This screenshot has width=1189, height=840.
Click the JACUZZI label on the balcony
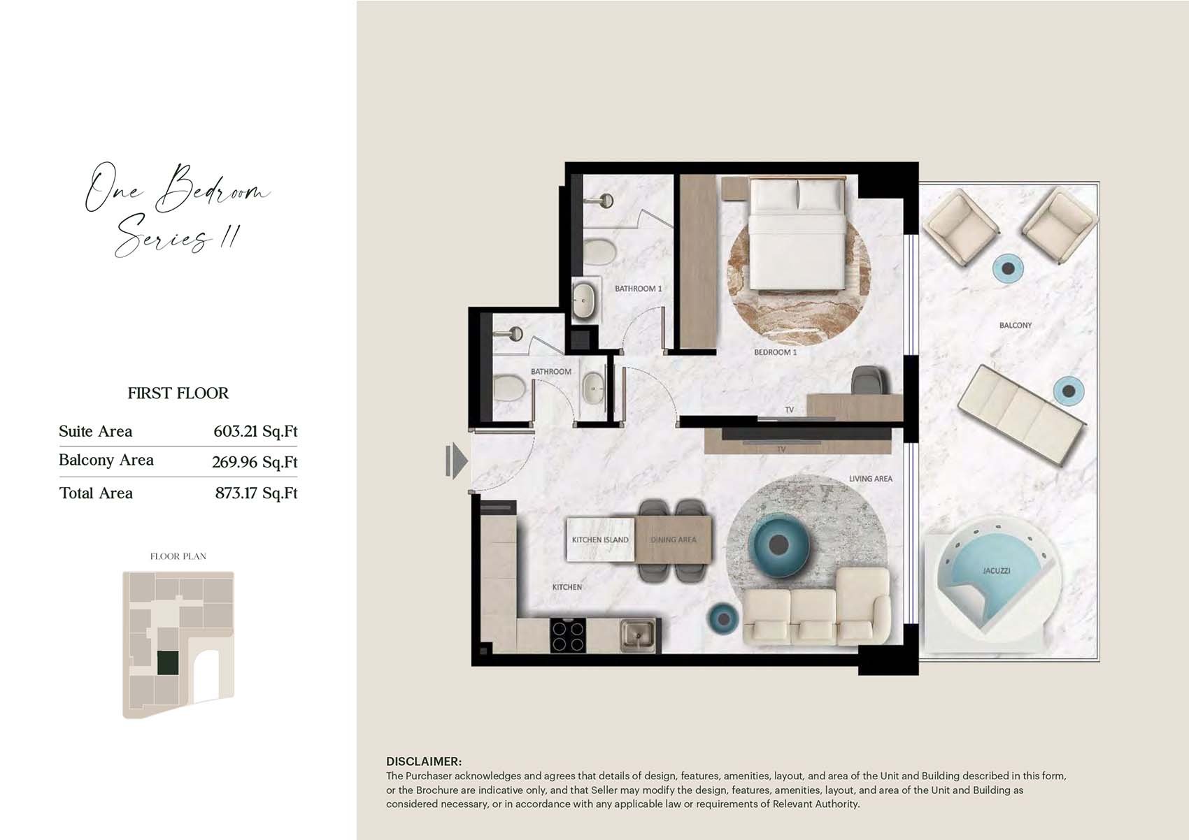click(997, 571)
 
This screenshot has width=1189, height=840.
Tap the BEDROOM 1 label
click(775, 352)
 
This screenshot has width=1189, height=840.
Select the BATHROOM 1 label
click(638, 289)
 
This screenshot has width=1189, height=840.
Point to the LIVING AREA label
click(871, 478)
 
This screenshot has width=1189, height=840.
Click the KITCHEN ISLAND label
click(600, 540)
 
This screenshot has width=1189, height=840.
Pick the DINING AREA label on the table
click(673, 540)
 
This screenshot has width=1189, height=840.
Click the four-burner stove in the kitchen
click(568, 636)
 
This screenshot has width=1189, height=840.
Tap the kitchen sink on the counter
click(638, 635)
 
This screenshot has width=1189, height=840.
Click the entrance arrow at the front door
click(457, 461)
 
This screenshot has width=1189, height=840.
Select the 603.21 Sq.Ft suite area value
click(255, 431)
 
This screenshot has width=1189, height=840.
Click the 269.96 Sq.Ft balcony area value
click(255, 462)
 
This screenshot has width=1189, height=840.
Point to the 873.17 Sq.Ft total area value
click(257, 493)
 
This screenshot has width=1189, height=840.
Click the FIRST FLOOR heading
click(178, 393)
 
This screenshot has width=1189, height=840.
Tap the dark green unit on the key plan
click(168, 663)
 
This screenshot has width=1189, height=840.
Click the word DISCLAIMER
click(424, 762)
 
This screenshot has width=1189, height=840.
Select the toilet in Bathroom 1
click(599, 251)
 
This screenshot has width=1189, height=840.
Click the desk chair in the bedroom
click(869, 380)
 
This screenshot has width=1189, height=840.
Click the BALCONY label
click(1016, 325)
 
